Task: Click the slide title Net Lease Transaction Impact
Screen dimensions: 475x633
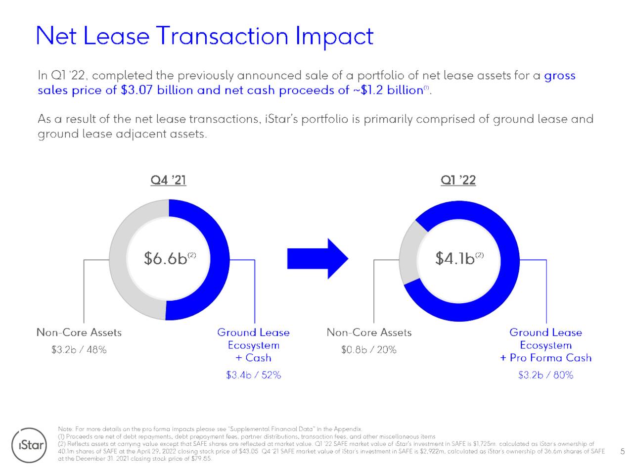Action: (205, 36)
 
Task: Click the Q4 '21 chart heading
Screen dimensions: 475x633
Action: (168, 180)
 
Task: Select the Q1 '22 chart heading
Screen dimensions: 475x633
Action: (458, 180)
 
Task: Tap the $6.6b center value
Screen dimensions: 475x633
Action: (166, 258)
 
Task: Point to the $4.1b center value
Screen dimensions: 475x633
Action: (455, 258)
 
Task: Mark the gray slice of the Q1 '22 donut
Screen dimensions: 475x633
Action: (410, 252)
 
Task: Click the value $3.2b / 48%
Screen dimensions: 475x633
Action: (79, 350)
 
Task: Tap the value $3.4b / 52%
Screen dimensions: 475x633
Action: (253, 375)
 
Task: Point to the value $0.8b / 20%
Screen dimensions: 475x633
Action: (368, 350)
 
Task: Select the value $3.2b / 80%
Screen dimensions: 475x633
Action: (545, 375)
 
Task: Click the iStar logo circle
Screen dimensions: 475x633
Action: (30, 445)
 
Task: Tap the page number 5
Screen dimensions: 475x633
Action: (622, 451)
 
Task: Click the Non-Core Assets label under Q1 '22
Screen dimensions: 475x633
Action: (369, 332)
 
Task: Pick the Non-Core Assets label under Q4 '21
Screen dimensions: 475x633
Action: (79, 332)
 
